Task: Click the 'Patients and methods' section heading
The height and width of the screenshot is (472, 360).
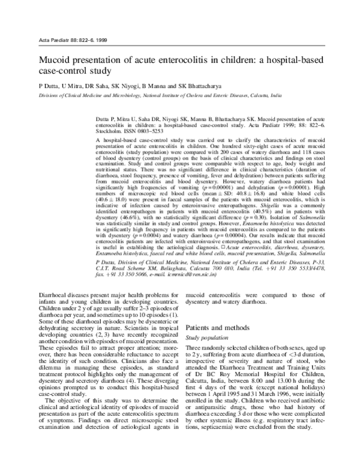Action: point(219,329)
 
